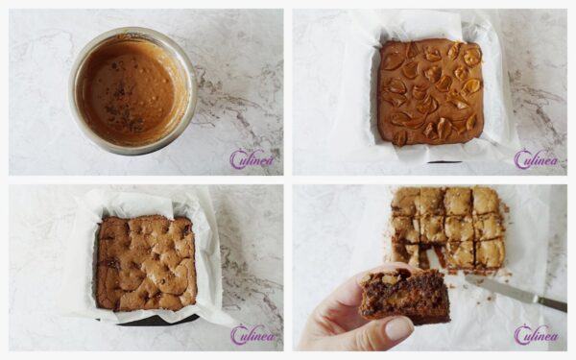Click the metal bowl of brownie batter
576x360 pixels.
click(132, 90)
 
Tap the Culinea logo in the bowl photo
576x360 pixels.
click(251, 159)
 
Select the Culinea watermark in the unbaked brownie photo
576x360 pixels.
click(535, 159)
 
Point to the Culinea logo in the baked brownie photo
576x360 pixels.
click(251, 335)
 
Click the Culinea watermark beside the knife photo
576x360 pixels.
click(535, 335)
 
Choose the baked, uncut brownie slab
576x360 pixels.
click(146, 262)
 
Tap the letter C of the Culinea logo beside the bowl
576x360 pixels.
click(237, 159)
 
